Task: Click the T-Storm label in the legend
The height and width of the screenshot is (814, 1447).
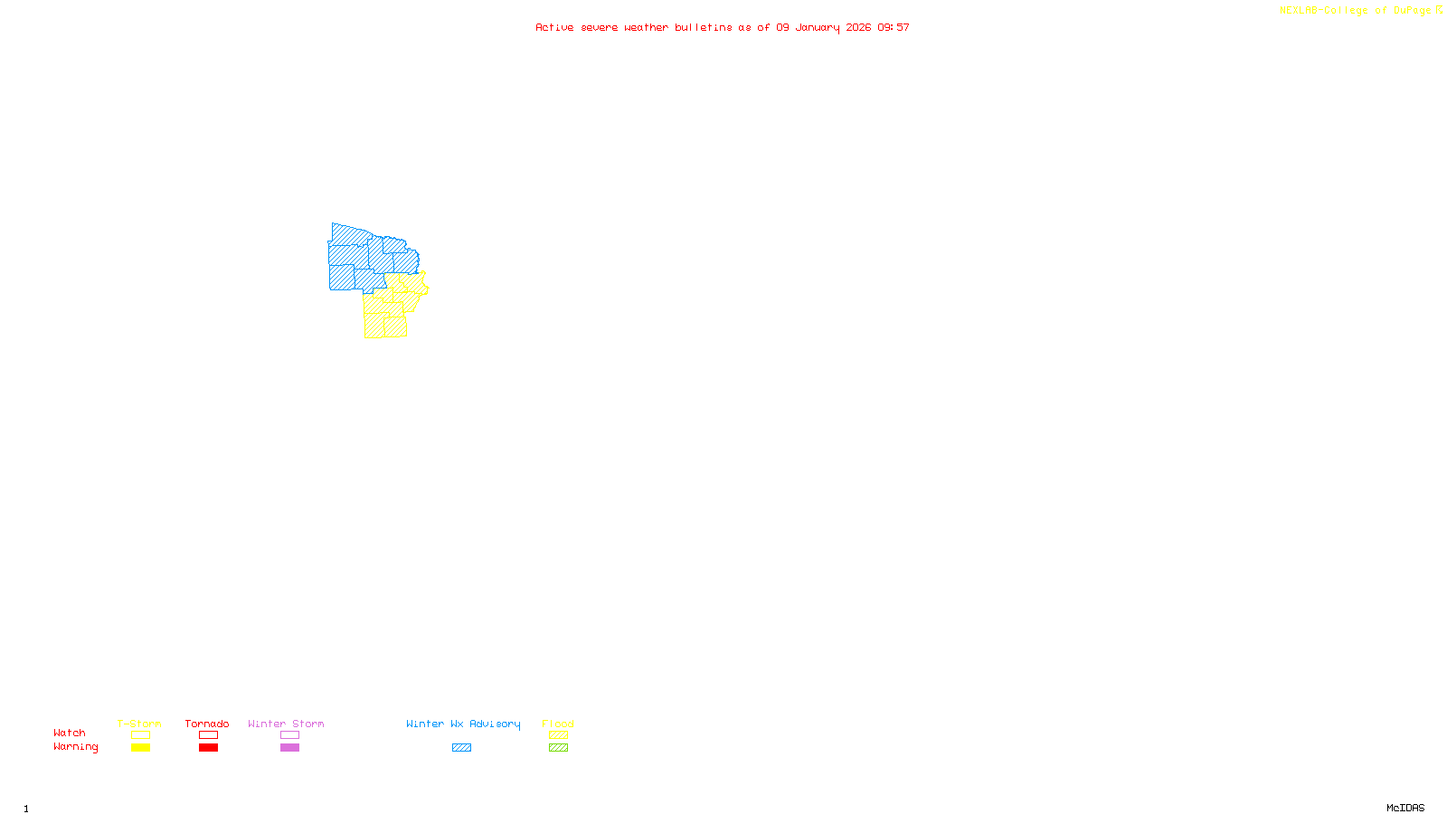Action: point(139,724)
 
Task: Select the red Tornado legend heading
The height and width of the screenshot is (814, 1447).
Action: point(207,724)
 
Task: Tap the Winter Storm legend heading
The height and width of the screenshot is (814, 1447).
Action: point(286,724)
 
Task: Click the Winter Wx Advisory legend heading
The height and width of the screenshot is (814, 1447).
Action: point(463,724)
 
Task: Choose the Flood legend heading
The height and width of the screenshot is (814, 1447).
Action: point(558,724)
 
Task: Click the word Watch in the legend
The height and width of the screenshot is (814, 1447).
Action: point(70,733)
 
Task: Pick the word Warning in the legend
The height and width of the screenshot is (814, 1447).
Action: point(75,747)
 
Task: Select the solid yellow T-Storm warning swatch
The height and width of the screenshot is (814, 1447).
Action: point(140,748)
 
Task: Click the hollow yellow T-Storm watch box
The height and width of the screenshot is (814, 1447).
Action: point(140,735)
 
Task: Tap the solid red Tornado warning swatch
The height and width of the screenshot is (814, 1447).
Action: point(209,748)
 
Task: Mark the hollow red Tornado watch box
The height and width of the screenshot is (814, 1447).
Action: point(209,735)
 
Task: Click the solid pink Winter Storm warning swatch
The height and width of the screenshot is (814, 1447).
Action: point(289,748)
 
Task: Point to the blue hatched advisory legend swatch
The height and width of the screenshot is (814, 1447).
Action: point(461,748)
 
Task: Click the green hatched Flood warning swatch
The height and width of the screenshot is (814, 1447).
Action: point(558,748)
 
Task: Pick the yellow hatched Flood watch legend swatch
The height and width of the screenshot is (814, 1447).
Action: point(558,735)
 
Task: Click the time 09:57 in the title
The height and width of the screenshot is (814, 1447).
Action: point(894,27)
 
